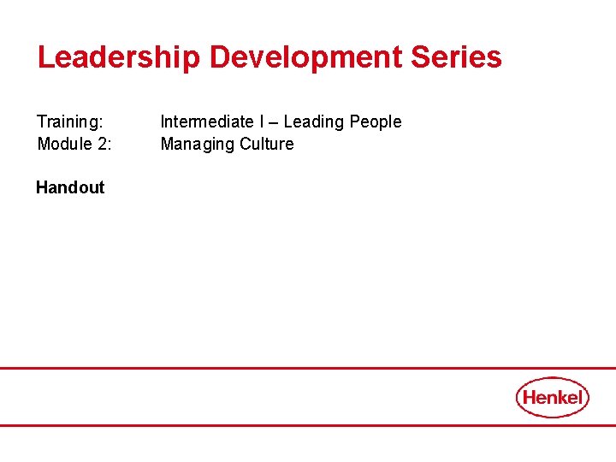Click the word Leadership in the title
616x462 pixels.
tap(119, 58)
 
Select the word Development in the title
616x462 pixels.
tap(305, 58)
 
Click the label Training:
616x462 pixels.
tap(70, 122)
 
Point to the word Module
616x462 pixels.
tap(65, 144)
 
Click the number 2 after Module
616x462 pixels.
tap(103, 144)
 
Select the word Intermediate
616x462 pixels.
tap(206, 122)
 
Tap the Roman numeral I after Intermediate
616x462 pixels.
tap(262, 122)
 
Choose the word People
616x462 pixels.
tap(376, 122)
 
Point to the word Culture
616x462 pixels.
tap(267, 144)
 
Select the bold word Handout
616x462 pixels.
tap(70, 187)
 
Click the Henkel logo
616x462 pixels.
tap(553, 397)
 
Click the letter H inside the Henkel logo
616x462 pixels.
tap(530, 397)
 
